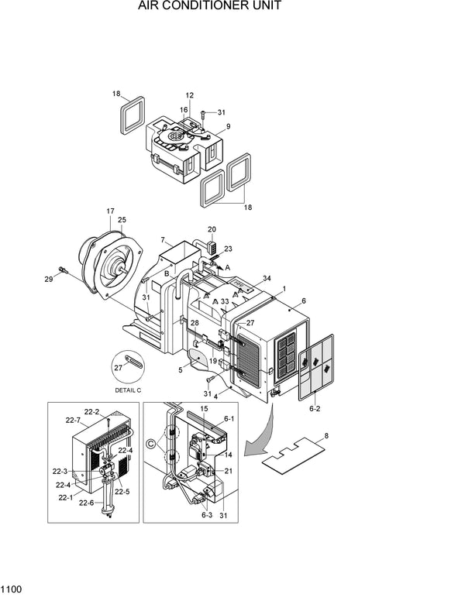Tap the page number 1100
click(x=12, y=590)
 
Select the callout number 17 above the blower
click(x=110, y=211)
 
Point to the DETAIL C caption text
click(x=128, y=390)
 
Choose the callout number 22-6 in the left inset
click(x=87, y=503)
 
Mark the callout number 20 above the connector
click(x=212, y=229)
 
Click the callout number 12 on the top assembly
click(x=189, y=95)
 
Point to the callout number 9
click(x=228, y=126)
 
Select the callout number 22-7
click(x=73, y=421)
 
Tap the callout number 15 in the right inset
click(x=204, y=408)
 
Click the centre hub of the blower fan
click(x=119, y=270)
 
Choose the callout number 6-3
click(x=207, y=515)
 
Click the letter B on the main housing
click(x=167, y=273)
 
